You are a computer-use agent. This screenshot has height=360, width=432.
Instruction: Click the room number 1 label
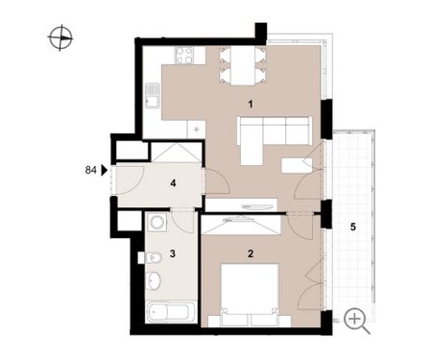coord(251,104)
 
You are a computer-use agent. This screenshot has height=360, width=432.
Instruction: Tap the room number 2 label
coord(251,253)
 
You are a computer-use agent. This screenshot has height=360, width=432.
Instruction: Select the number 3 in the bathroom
coord(173,253)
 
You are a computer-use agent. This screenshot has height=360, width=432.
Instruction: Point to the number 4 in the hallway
coord(173,183)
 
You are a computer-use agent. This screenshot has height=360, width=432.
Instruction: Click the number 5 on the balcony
coord(353,227)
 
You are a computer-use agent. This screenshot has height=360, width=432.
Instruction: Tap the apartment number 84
coord(90,170)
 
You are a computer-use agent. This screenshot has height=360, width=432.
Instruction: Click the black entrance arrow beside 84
coord(104,170)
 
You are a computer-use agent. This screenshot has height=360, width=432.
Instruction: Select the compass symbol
coord(60,37)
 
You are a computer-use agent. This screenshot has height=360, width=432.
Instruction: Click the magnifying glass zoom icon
coord(357,321)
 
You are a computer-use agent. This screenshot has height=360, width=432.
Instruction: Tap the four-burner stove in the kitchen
coord(183,56)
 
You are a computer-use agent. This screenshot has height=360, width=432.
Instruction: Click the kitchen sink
coord(153,95)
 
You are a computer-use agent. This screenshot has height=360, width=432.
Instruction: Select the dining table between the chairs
coord(243,65)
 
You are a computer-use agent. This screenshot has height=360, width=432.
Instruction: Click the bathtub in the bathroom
coord(171,311)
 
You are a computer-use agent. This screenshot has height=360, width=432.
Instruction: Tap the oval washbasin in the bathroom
coord(154,280)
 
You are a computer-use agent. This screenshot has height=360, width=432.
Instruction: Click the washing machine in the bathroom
coord(156,222)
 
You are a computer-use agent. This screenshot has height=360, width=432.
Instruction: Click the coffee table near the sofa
coord(293,165)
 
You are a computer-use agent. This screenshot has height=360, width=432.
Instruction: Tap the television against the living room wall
coord(254,206)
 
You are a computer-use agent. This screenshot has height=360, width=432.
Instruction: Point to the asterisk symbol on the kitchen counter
coord(197,130)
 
